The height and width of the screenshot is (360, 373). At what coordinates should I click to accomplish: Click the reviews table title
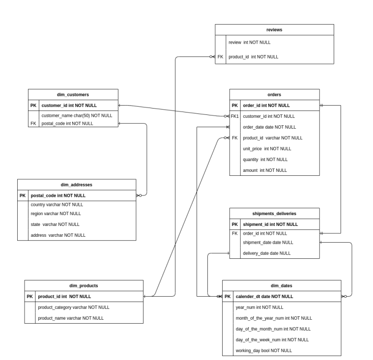274,30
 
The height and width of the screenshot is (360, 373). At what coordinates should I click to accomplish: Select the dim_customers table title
73,94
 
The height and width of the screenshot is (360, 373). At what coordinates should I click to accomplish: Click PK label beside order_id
235,105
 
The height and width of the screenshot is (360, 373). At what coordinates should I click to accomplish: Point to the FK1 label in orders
234,116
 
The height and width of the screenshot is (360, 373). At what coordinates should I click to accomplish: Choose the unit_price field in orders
267,149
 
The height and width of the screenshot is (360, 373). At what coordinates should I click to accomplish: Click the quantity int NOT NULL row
265,160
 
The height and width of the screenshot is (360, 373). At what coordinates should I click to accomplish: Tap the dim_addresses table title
76,185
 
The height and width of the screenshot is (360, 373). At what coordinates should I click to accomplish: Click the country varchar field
57,204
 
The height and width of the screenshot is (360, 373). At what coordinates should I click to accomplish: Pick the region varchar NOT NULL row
56,214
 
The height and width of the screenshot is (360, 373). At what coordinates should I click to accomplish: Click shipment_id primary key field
270,224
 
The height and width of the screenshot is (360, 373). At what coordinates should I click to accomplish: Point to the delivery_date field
267,253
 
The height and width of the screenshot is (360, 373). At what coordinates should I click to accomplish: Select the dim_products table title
84,285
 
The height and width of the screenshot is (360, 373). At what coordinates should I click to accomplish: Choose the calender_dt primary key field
264,297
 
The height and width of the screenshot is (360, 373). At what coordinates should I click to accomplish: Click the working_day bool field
264,351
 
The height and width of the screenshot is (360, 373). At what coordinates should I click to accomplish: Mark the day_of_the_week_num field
272,340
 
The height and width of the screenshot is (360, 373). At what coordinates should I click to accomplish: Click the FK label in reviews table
220,57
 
